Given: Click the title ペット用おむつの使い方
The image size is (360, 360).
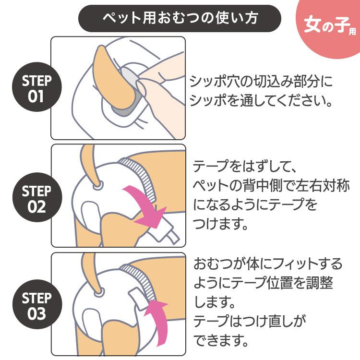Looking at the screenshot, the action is click(x=180, y=18).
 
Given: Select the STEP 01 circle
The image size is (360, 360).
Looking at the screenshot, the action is click(x=37, y=87).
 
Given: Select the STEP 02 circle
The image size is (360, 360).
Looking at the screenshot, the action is click(x=37, y=197).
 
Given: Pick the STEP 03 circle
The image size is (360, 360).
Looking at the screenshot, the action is click(x=37, y=304).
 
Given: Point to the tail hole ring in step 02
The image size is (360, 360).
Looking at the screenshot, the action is click(x=98, y=185).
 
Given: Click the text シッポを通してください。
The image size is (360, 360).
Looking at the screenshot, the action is click(x=261, y=100).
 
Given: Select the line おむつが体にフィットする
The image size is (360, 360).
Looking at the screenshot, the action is click(x=268, y=264).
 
